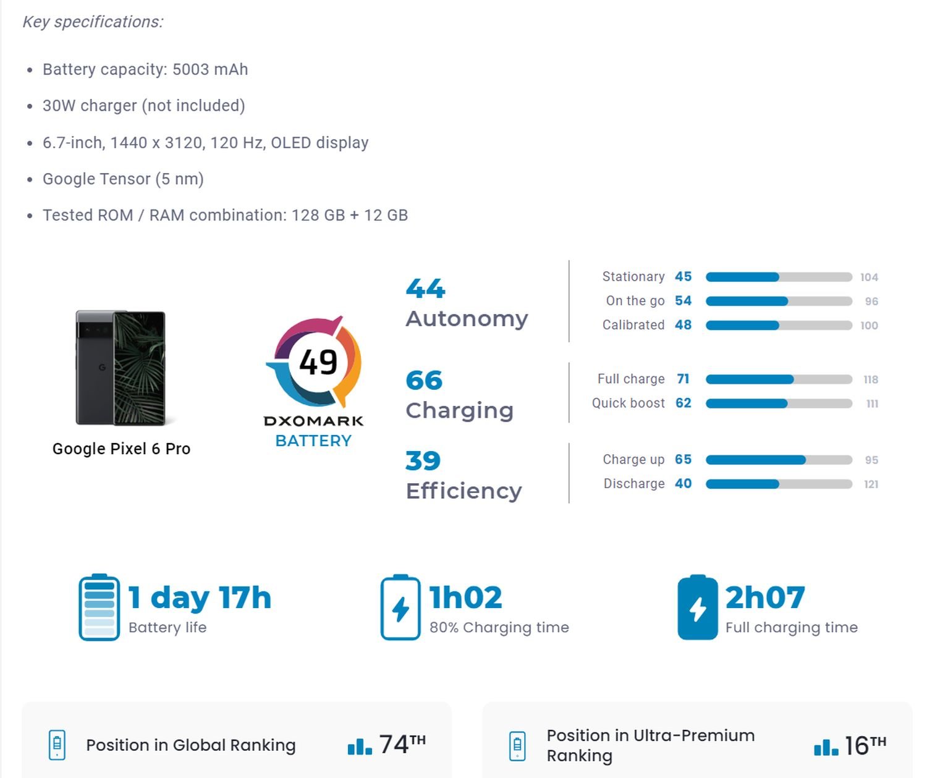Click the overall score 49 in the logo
[318, 362]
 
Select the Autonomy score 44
[425, 289]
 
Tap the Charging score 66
[424, 381]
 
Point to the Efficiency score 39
[423, 461]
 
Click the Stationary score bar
[779, 277]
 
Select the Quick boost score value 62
[683, 404]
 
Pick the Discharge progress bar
[779, 484]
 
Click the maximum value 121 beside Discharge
[871, 484]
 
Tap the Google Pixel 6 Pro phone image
[121, 368]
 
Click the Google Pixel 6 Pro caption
[121, 449]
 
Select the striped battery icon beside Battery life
[99, 607]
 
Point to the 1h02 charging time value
[465, 598]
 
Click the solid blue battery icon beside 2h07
[697, 607]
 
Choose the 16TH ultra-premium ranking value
[865, 746]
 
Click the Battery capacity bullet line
[145, 69]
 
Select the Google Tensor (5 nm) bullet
[123, 179]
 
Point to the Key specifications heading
[93, 22]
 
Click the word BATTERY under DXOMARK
[313, 441]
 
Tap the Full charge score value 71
[683, 379]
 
